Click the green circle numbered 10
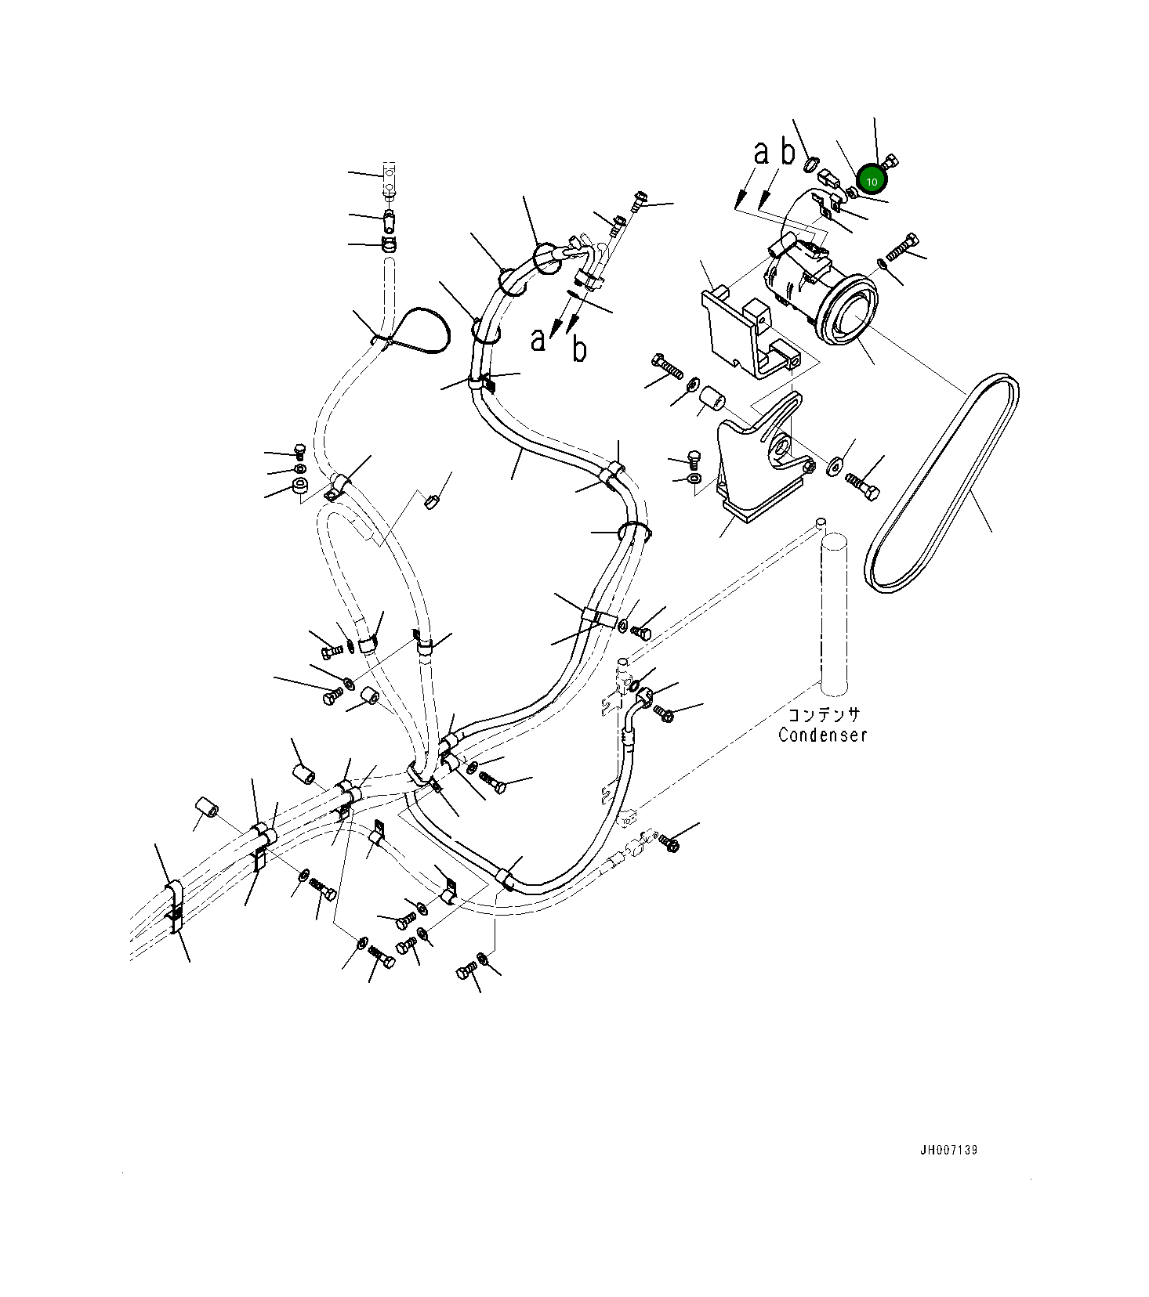tap(872, 180)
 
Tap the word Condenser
tap(822, 735)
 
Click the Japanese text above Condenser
tap(823, 714)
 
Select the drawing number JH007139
tap(948, 1150)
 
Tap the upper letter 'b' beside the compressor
tap(788, 151)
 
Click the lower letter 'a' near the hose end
tap(538, 340)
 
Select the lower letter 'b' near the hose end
tap(579, 349)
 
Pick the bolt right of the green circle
tap(890, 163)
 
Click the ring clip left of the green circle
tap(811, 164)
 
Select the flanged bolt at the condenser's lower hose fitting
tap(669, 843)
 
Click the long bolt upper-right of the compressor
tap(901, 247)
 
